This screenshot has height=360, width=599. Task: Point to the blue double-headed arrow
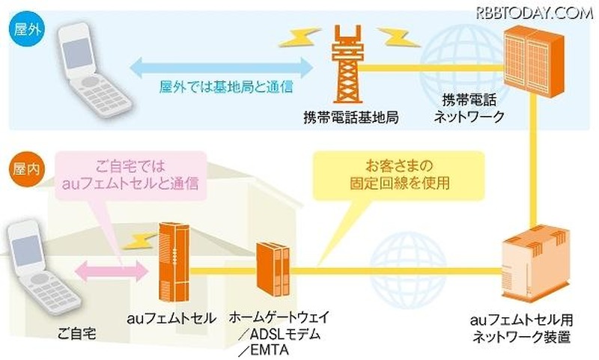click(x=220, y=68)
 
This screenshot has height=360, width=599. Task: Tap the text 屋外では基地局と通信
click(x=220, y=87)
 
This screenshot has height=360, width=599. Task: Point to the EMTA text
click(x=273, y=348)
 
